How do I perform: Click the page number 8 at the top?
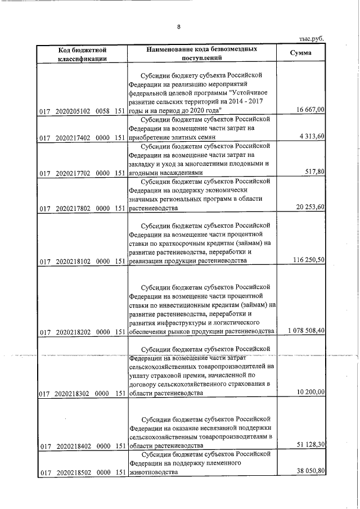(x=179, y=26)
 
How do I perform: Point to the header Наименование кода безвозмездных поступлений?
(x=202, y=54)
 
